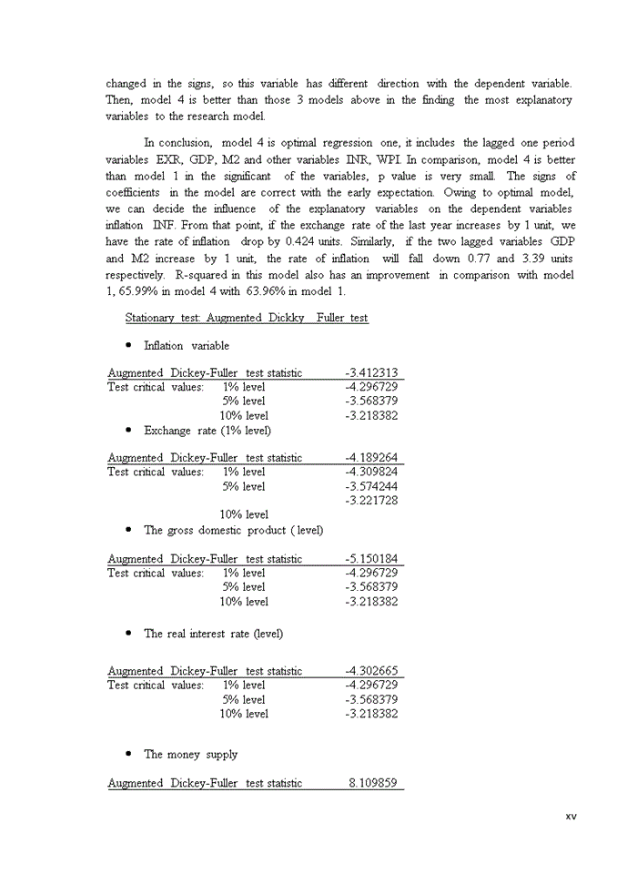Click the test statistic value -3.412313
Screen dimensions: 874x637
[x=371, y=373]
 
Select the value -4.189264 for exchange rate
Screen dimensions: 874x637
[x=371, y=458]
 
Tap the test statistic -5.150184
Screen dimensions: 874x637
[x=371, y=559]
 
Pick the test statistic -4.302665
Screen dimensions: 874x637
[x=371, y=671]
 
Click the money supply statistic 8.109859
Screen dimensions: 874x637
[x=373, y=783]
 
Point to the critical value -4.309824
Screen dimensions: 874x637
[x=371, y=473]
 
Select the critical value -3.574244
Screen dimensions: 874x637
[x=371, y=487]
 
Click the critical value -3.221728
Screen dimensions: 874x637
[x=371, y=501]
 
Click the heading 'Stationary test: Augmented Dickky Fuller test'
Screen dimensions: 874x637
[x=247, y=318]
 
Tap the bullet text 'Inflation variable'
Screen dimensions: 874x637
[x=187, y=346]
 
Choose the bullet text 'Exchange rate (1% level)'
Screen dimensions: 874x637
[x=207, y=431]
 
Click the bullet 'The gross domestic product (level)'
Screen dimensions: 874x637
[x=233, y=531]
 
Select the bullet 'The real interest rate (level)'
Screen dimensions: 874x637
[x=213, y=634]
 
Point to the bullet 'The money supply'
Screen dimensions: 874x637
[x=190, y=755]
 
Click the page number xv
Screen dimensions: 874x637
[x=571, y=816]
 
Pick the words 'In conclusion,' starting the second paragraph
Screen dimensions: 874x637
[x=177, y=143]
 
